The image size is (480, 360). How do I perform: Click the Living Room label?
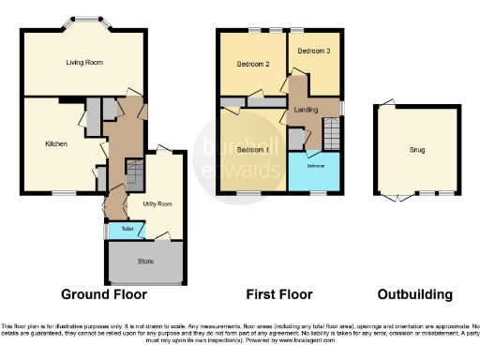pos(84,63)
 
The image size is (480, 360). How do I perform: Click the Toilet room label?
pos(127,228)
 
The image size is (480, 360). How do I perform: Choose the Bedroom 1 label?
pos(252,150)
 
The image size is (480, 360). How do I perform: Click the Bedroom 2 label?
pos(253,64)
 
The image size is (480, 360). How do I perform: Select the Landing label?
pos(306,110)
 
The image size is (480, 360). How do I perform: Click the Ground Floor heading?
pos(104,294)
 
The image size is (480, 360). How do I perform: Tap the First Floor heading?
pos(279,294)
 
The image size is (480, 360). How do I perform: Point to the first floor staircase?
pos(330,131)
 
